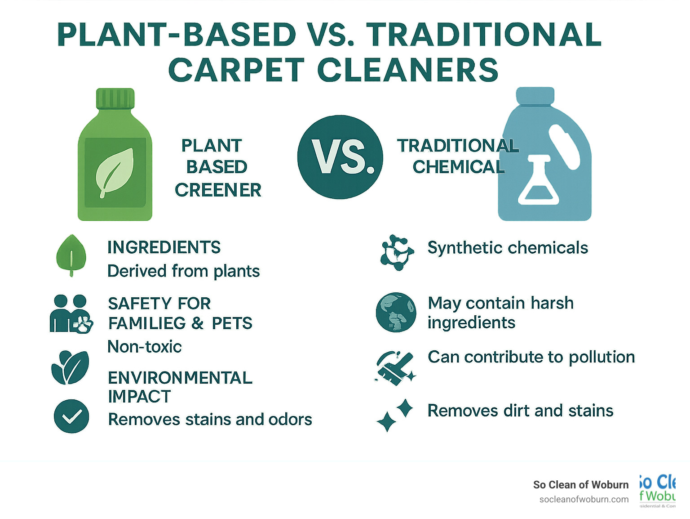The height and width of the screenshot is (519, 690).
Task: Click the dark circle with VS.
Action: (x=340, y=157)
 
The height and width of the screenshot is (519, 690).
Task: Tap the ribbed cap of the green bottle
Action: (x=115, y=98)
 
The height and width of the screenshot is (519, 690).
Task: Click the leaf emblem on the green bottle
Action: (x=115, y=172)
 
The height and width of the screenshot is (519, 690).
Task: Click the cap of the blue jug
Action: (x=535, y=96)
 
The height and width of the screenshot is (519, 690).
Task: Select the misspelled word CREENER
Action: (x=218, y=190)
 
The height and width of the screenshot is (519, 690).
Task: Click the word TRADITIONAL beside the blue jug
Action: (x=457, y=146)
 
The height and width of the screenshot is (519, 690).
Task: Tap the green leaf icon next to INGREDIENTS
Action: (x=71, y=255)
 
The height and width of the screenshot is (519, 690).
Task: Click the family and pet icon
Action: (x=71, y=314)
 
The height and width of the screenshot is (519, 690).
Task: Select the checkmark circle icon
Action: (x=71, y=416)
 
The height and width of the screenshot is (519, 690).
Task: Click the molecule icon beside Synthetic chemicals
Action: (x=396, y=252)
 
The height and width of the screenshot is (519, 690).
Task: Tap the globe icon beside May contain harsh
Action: (x=396, y=313)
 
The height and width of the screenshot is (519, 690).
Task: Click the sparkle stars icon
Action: (x=395, y=415)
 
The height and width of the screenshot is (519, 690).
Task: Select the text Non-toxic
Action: (x=145, y=347)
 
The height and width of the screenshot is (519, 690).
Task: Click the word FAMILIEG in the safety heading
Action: (x=147, y=323)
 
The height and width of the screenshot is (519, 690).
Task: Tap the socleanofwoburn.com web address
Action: (x=584, y=499)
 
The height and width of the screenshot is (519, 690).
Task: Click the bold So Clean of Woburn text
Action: (x=580, y=485)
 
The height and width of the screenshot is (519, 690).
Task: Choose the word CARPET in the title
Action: (x=236, y=71)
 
